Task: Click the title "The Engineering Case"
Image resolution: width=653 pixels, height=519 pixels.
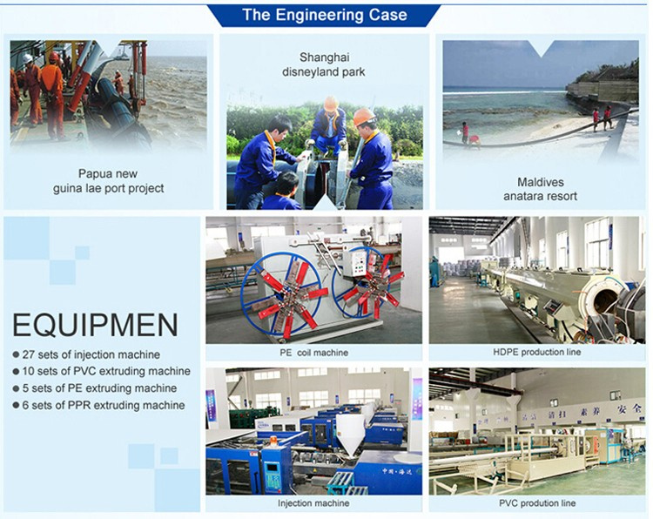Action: click(325, 16)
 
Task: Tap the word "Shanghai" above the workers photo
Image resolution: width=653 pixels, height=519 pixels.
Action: click(325, 57)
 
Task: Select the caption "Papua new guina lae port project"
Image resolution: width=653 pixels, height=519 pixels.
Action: click(108, 181)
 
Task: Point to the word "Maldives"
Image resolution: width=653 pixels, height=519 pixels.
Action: click(541, 182)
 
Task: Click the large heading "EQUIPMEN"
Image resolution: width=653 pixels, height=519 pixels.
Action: click(96, 326)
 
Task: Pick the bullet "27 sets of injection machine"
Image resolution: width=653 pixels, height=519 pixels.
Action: click(86, 354)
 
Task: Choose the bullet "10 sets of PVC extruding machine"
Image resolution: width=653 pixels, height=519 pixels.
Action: click(102, 371)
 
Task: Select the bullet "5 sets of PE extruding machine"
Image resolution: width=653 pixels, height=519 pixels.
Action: click(95, 388)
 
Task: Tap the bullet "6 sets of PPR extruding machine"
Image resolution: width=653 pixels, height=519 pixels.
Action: click(99, 405)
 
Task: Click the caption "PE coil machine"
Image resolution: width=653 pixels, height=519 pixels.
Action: click(313, 353)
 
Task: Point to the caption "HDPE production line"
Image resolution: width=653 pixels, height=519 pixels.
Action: click(537, 352)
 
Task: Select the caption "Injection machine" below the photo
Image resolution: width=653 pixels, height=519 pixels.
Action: click(313, 503)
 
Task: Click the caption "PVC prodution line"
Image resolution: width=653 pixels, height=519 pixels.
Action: click(537, 503)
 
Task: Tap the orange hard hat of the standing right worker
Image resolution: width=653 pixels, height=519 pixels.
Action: click(364, 117)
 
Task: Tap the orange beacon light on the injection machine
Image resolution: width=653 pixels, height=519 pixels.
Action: click(273, 441)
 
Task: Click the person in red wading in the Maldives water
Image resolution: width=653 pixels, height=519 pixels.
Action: click(465, 131)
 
